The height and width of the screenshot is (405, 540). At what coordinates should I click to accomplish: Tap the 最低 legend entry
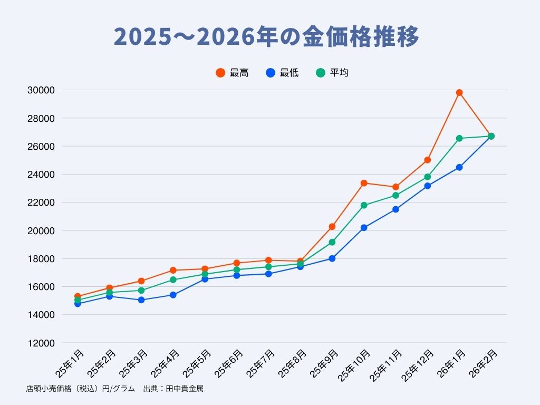282,73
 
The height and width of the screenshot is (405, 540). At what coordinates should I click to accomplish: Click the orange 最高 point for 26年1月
459,93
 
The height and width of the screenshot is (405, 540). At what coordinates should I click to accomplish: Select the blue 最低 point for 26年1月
459,167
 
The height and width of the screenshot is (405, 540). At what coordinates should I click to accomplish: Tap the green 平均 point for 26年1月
459,138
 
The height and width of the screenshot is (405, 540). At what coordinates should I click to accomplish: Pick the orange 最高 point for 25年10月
364,183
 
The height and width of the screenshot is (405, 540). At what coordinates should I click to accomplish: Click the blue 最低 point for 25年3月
141,300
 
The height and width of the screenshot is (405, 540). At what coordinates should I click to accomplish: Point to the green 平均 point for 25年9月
332,242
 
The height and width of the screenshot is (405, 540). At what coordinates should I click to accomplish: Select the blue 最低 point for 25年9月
332,258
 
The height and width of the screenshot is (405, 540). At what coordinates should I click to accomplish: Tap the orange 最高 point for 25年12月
428,160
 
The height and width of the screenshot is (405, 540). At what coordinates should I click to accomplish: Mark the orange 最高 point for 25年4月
173,271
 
